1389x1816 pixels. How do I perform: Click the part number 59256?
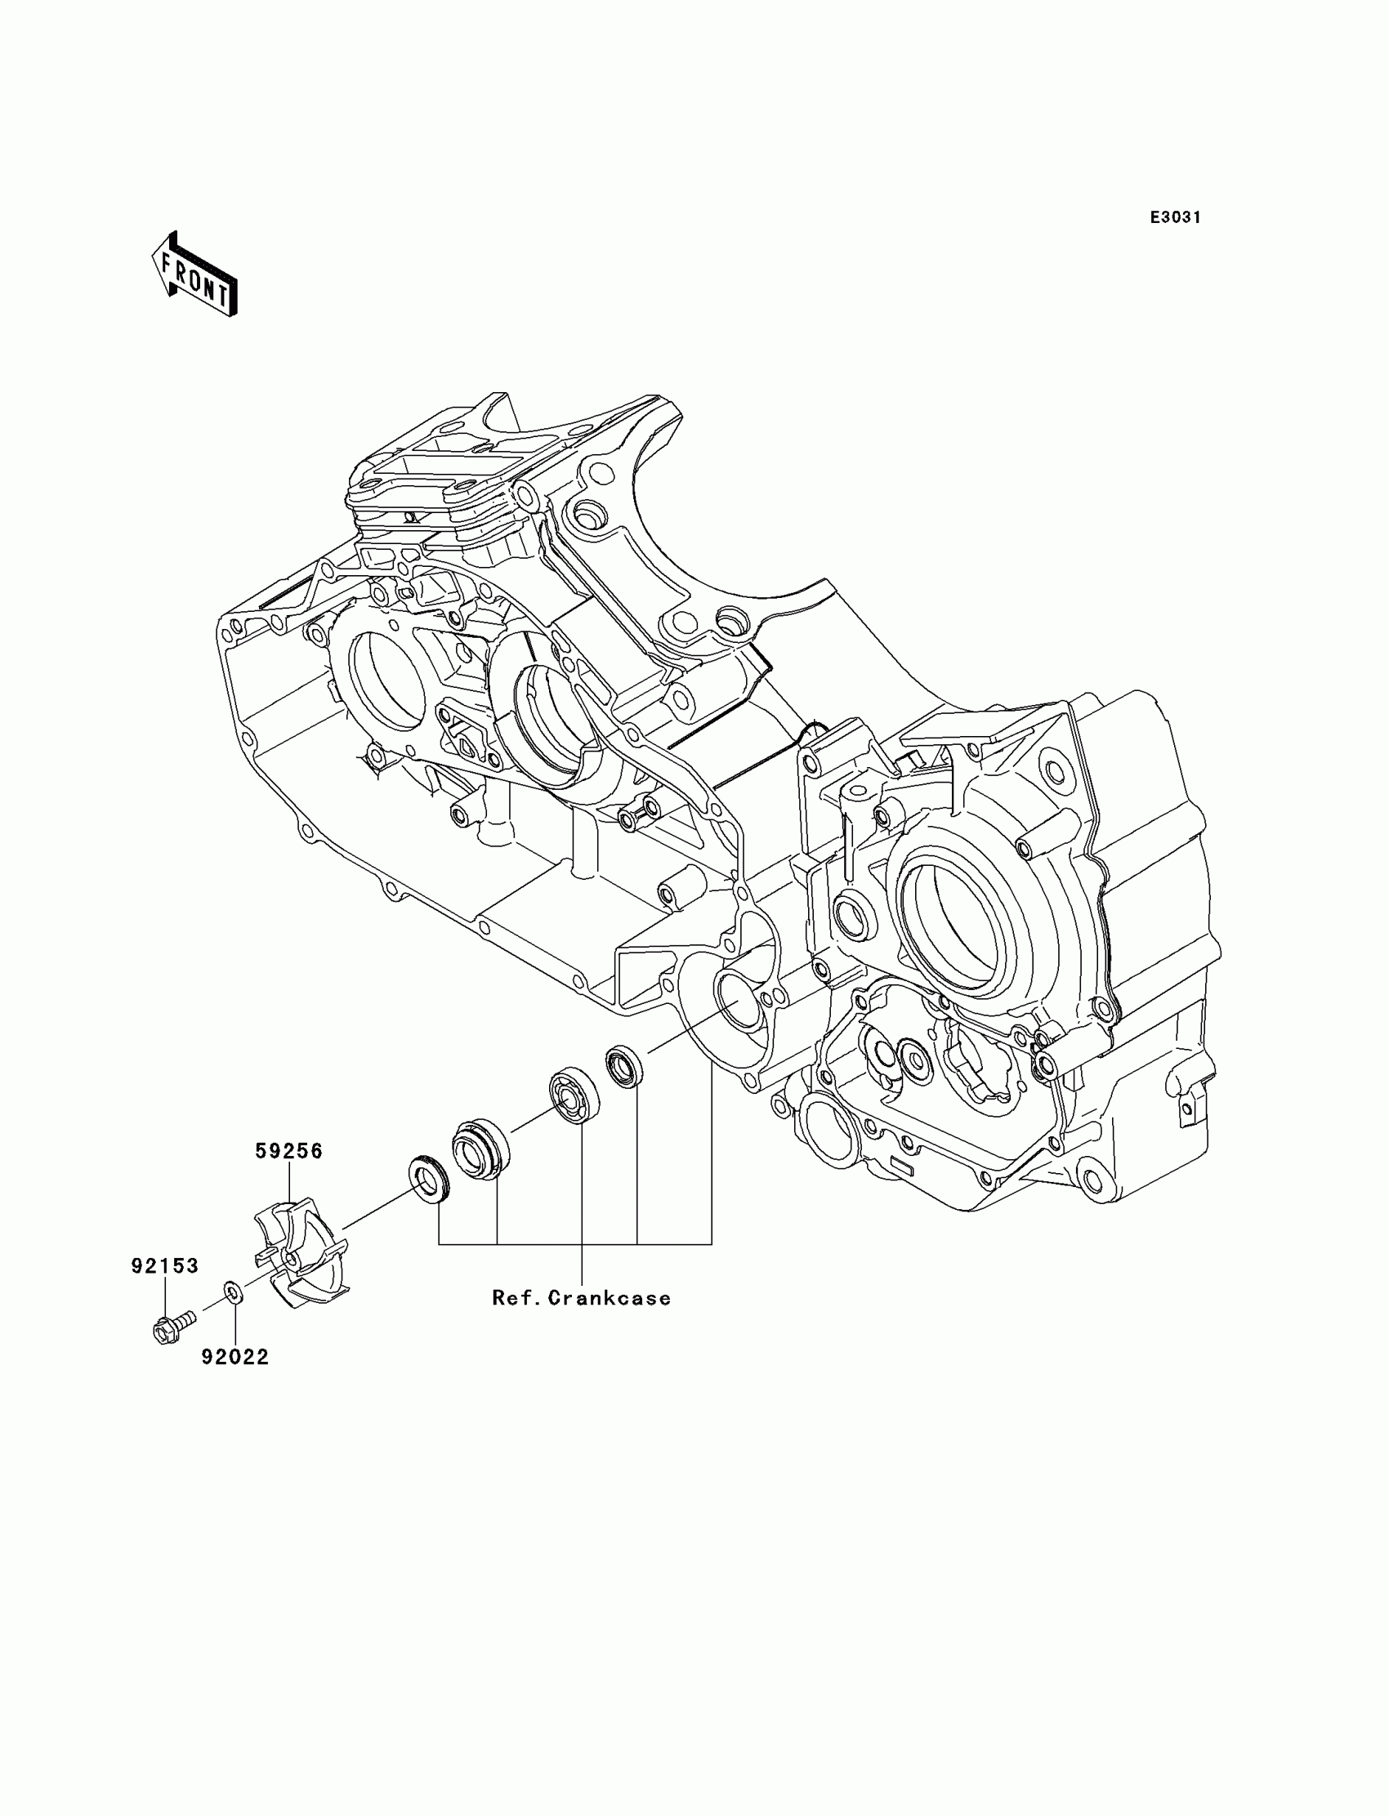(288, 1150)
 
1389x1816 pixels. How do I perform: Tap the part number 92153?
(164, 1265)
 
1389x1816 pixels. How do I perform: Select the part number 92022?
(235, 1357)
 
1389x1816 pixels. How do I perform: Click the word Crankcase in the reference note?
(610, 1298)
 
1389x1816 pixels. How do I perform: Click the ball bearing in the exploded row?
(575, 1096)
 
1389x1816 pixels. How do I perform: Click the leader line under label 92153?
(164, 1298)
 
